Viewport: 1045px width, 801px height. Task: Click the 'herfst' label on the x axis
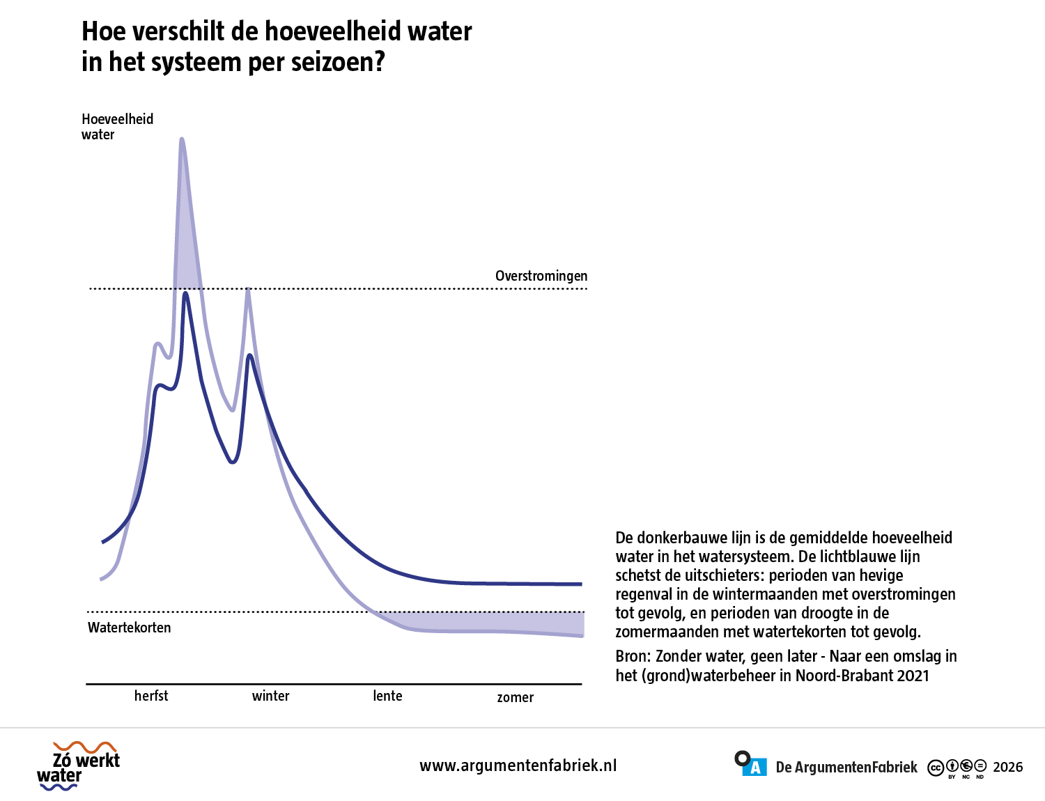[x=151, y=695]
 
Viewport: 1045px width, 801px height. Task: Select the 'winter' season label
[x=270, y=696]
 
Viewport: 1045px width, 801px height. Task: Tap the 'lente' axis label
[x=387, y=696]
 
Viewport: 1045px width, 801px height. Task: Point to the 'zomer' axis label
[x=515, y=697]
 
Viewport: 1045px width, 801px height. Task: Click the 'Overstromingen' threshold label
[x=541, y=276]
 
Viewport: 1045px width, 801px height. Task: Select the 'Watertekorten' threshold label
[x=129, y=628]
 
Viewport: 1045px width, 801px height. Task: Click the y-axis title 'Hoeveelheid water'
[x=117, y=127]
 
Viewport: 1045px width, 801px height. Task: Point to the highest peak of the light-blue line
[x=182, y=139]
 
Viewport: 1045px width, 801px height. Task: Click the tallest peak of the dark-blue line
[x=185, y=294]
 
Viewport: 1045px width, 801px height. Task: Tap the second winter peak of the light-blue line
[x=247, y=290]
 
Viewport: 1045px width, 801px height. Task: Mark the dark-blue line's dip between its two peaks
[x=232, y=462]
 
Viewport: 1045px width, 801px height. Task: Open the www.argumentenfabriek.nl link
[x=518, y=765]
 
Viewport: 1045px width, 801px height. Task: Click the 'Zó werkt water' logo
[x=79, y=766]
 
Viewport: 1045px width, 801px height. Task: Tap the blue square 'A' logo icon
[x=754, y=768]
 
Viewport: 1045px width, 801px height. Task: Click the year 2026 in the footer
[x=1007, y=767]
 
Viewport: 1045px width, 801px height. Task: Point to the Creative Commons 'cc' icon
[x=936, y=768]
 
